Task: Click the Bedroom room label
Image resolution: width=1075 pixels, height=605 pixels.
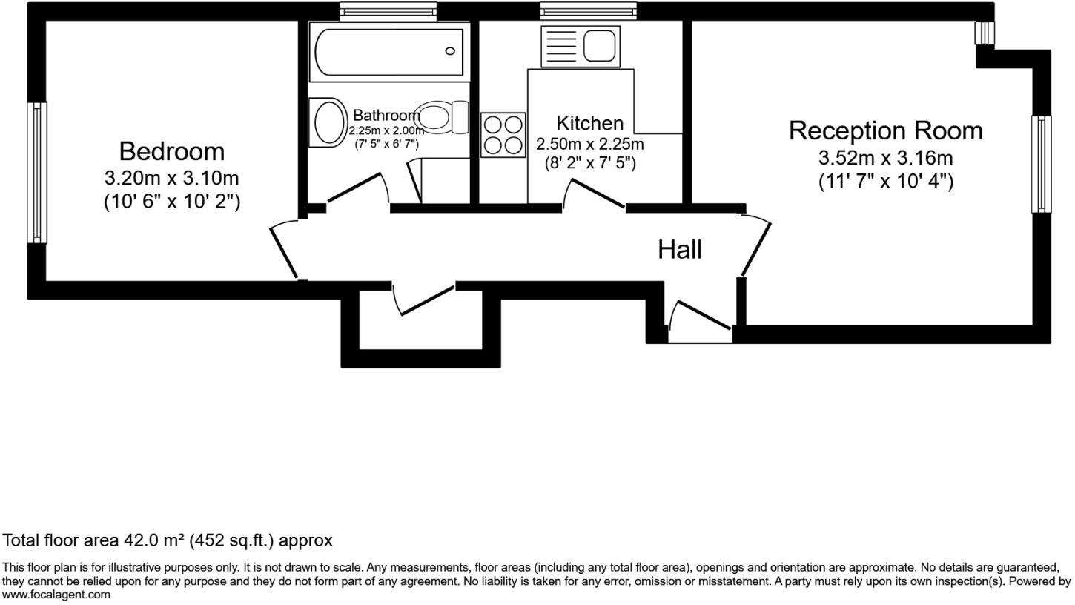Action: coord(171,151)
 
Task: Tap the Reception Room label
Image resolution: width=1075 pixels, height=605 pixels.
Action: coord(885,130)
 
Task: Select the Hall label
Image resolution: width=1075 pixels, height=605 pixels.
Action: coord(679,250)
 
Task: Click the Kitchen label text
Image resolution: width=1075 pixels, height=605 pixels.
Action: coord(589,123)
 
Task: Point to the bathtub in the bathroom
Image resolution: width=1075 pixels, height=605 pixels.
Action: coord(389,51)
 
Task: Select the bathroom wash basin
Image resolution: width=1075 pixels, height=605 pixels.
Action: coord(330,122)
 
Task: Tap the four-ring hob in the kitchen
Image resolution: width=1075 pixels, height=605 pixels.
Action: coord(503,134)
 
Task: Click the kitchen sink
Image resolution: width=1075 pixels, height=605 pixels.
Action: coord(580,46)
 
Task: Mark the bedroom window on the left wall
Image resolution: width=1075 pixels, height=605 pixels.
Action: coord(37,172)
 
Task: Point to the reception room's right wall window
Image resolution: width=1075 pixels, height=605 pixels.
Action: coord(1041,165)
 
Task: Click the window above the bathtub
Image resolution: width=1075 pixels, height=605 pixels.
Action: coord(388,11)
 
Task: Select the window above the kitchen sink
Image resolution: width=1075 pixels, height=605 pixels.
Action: coord(588,11)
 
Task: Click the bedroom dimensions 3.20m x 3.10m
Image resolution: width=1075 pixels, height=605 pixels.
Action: coord(171,179)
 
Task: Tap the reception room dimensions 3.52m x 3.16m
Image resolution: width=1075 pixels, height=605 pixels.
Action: coord(885,158)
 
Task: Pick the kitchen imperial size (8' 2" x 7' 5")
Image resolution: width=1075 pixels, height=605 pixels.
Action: coord(590,163)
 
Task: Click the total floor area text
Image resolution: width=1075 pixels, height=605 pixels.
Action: coord(168,540)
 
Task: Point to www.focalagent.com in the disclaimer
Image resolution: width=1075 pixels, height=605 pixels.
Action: coord(56,595)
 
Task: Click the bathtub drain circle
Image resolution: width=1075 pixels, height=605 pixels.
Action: coord(449,51)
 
